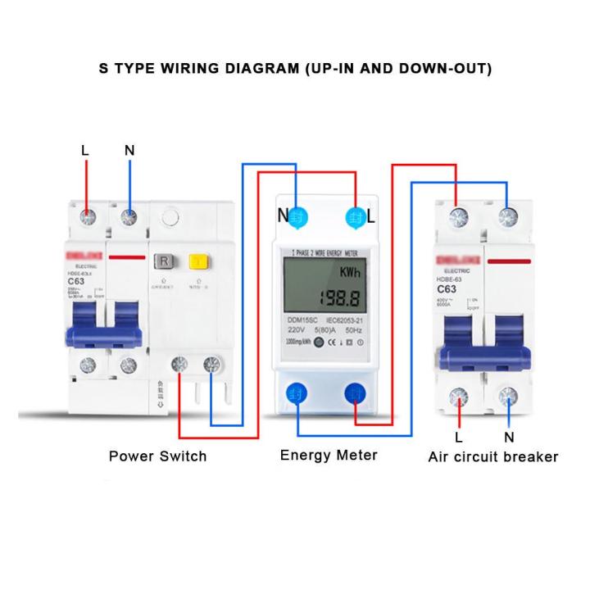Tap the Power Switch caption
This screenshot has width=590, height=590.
[x=158, y=456]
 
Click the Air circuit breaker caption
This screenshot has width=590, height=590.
[x=492, y=456]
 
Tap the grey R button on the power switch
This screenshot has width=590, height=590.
[x=164, y=262]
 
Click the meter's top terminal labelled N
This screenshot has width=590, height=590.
[x=299, y=216]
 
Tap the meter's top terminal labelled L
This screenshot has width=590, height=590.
[x=356, y=216]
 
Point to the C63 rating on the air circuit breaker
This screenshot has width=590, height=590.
[x=447, y=289]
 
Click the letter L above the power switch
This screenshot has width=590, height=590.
[x=84, y=150]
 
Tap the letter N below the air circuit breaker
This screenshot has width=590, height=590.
[x=509, y=437]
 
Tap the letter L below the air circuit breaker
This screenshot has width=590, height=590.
[x=459, y=437]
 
